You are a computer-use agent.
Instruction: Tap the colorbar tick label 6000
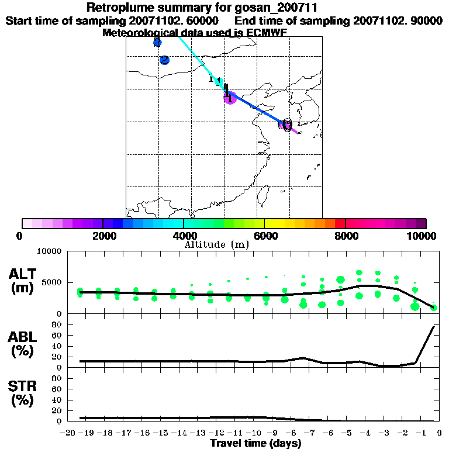(x=264, y=236)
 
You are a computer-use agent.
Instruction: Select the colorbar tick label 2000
(x=103, y=236)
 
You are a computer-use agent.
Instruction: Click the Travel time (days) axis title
(x=255, y=444)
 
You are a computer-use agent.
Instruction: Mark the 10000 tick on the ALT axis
(x=51, y=251)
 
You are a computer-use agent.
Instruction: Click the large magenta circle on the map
(x=230, y=98)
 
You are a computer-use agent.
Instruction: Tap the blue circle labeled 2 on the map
(x=164, y=60)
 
